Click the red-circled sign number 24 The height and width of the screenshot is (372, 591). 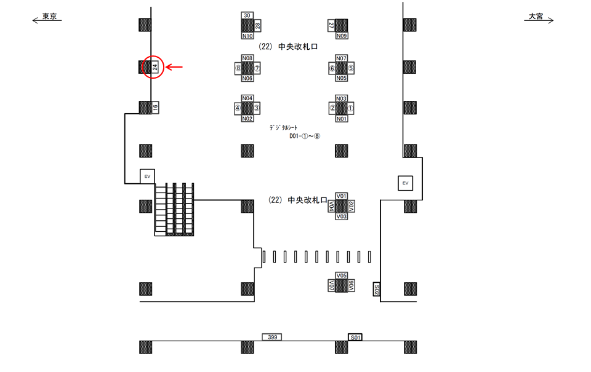click(155, 67)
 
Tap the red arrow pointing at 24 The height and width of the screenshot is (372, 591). click(176, 67)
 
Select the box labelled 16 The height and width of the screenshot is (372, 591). click(155, 108)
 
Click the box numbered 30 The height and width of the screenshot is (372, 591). click(247, 15)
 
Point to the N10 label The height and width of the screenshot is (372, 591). click(247, 36)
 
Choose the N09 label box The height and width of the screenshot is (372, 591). click(342, 36)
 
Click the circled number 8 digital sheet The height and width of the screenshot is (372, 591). click(237, 68)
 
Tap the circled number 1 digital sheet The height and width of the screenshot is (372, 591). click(351, 108)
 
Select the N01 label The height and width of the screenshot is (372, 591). click(342, 119)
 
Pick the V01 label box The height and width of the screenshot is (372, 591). click(342, 196)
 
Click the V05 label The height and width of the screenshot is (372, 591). click(342, 275)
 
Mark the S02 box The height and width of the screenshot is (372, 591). click(377, 289)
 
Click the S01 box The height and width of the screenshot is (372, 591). click(355, 337)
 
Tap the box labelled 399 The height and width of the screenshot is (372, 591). click(271, 337)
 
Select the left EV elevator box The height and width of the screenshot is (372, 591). click(147, 176)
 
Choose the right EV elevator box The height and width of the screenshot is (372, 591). click(405, 183)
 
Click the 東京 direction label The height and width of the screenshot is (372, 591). click(49, 17)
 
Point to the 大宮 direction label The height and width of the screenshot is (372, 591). click(536, 17)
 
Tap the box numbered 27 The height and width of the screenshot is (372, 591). click(331, 25)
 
